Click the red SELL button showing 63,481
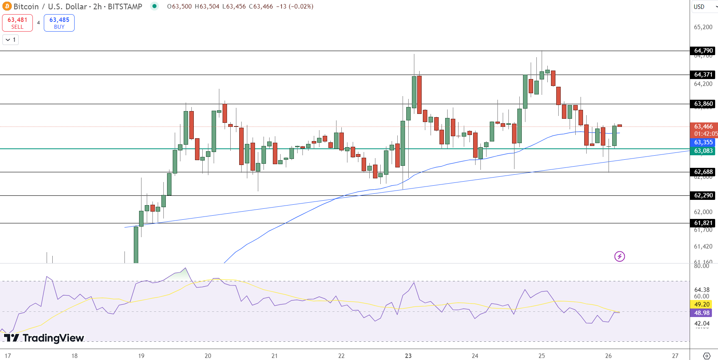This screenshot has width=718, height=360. [x=17, y=23]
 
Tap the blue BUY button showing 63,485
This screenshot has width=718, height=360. [x=59, y=23]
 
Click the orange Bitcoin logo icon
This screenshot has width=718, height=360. [x=7, y=6]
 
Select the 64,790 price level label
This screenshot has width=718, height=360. [x=703, y=51]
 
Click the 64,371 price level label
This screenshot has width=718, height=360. [x=703, y=75]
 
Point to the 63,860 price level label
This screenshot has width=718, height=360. [x=703, y=104]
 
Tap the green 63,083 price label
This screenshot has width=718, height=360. [x=703, y=151]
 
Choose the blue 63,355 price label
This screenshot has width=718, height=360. [x=703, y=142]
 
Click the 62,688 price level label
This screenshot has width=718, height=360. [x=703, y=172]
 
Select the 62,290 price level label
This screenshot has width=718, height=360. [x=703, y=195]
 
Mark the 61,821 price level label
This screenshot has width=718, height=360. [x=703, y=223]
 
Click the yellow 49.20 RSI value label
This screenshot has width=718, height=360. [x=702, y=304]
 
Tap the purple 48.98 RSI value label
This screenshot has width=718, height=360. [x=702, y=313]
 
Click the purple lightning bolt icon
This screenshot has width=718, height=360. [x=619, y=256]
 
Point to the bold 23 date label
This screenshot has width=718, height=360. [x=408, y=356]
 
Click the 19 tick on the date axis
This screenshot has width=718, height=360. [x=141, y=356]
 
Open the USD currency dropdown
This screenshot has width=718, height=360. [x=705, y=6]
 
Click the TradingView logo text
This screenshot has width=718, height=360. [x=44, y=338]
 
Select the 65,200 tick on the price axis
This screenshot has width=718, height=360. [x=703, y=27]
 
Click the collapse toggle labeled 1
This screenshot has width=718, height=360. [x=11, y=40]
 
